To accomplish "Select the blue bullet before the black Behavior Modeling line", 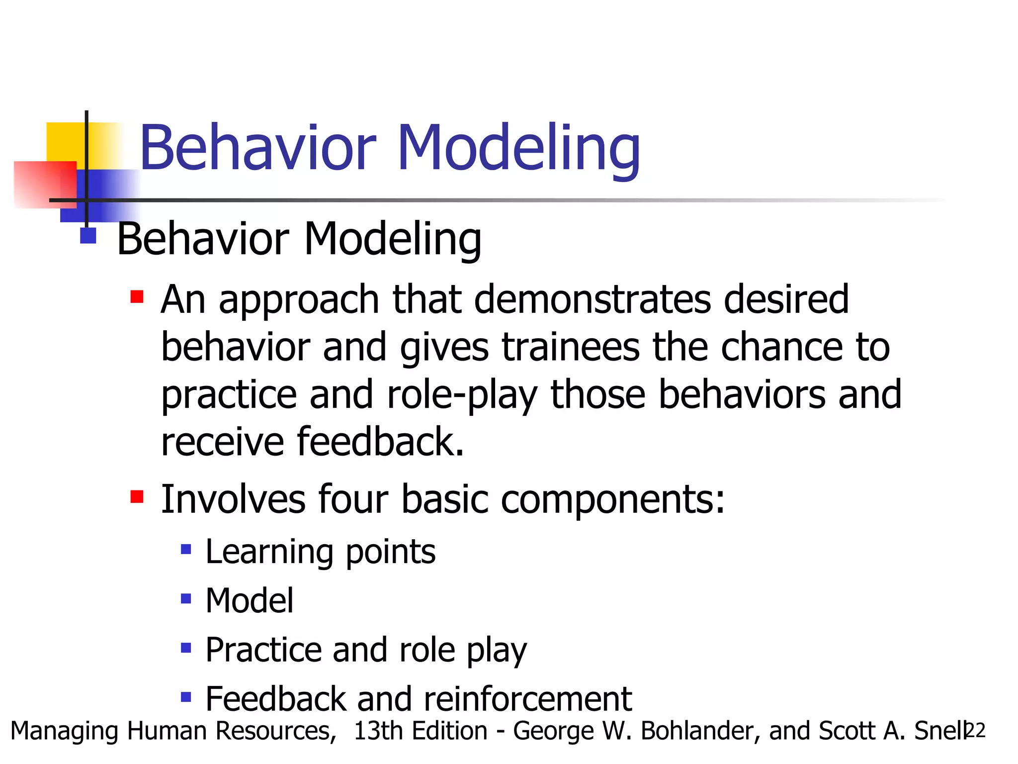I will (x=88, y=235).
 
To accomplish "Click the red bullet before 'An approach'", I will (x=137, y=297).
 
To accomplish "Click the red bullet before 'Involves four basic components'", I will (x=137, y=496).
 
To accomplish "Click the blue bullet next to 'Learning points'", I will (x=186, y=549).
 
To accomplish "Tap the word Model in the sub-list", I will (x=249, y=601).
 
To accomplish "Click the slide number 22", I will (x=976, y=731).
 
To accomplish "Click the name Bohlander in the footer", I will (x=700, y=731).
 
